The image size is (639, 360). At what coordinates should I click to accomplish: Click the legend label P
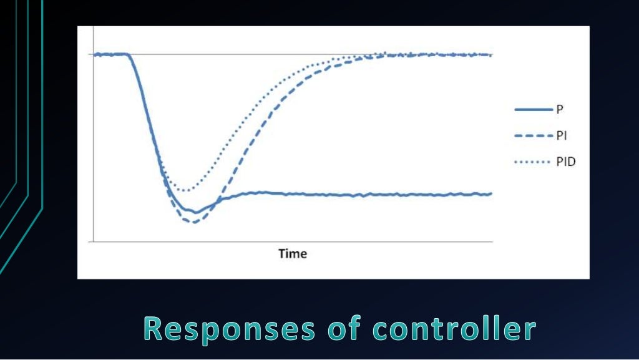pyautogui.click(x=559, y=109)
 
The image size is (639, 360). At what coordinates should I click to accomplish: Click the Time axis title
pyautogui.click(x=293, y=253)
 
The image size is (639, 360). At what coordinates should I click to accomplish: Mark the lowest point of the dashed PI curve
pyautogui.click(x=193, y=222)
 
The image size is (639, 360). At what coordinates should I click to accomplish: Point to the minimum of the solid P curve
pyautogui.click(x=195, y=212)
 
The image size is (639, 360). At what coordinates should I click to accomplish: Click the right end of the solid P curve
pyautogui.click(x=492, y=194)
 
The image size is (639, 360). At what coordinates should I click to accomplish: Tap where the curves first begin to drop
pyautogui.click(x=129, y=55)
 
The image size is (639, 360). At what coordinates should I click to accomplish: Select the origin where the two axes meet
pyautogui.click(x=93, y=241)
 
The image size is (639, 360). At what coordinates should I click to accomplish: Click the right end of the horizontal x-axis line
pyautogui.click(x=492, y=241)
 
